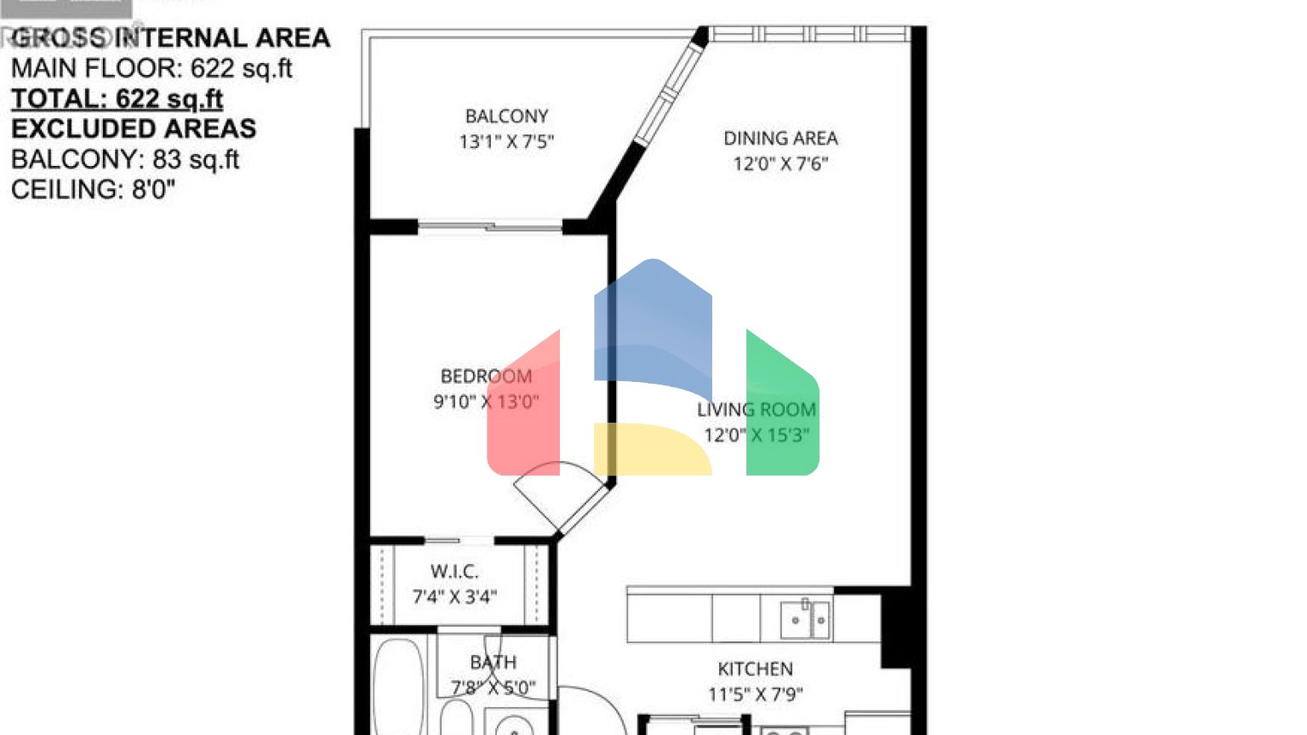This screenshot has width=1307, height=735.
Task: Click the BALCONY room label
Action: (506, 116)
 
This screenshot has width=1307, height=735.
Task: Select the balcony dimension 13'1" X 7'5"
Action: (506, 142)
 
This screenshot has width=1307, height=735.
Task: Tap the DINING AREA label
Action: (780, 138)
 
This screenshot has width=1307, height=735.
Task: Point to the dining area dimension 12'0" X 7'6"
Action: (780, 163)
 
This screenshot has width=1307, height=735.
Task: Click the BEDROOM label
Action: (486, 376)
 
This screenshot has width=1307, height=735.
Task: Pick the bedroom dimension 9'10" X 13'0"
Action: (486, 402)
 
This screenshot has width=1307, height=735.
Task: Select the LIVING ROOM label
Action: (756, 409)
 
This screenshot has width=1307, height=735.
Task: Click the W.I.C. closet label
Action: (454, 571)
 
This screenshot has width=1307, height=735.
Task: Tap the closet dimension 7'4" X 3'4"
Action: (454, 597)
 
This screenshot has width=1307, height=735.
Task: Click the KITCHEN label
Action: (755, 669)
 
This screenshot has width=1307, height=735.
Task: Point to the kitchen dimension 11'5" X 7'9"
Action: (755, 694)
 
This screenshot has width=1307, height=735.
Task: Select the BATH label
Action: (493, 662)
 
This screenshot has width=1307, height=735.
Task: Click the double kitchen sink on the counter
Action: (804, 619)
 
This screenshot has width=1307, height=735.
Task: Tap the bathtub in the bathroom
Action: (398, 689)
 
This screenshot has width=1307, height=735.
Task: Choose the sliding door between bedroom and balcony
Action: (490, 226)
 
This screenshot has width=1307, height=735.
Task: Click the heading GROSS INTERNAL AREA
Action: (170, 38)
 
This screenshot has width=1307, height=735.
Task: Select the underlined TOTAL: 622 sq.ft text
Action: (117, 99)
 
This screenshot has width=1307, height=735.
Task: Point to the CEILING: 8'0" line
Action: (93, 189)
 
